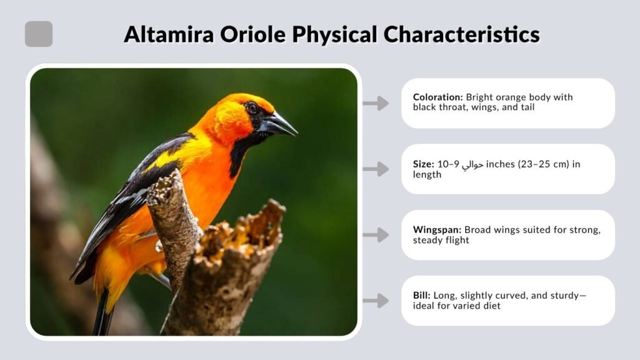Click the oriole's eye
pos(252,107)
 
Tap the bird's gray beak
pos(279,124)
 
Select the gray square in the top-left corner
pos(39,34)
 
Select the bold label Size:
pos(423,164)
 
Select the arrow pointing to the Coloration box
pos(376,104)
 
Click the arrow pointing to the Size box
pos(376,169)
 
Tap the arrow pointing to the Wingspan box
pos(376,235)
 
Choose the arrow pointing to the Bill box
pos(376,301)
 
